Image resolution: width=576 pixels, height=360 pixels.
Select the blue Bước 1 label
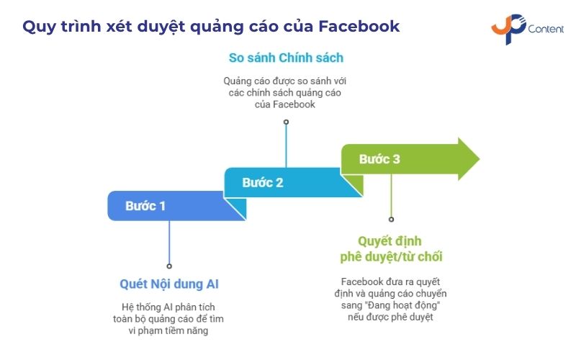pyautogui.click(x=145, y=206)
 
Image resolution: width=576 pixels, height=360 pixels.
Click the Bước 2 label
pyautogui.click(x=263, y=183)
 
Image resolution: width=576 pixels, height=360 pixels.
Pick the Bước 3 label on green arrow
pyautogui.click(x=379, y=159)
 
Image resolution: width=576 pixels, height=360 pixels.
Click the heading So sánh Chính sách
pyautogui.click(x=285, y=58)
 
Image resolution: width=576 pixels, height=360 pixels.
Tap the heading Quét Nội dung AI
pyautogui.click(x=169, y=284)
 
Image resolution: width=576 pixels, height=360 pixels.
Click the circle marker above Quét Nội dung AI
pyautogui.click(x=169, y=266)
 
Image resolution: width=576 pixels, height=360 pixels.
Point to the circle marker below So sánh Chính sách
pyautogui.click(x=286, y=122)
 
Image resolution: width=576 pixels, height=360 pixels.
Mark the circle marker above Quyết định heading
pyautogui.click(x=391, y=219)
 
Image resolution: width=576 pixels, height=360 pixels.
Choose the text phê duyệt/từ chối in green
pyautogui.click(x=391, y=256)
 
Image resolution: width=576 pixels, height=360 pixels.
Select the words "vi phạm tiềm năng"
pyautogui.click(x=169, y=330)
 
